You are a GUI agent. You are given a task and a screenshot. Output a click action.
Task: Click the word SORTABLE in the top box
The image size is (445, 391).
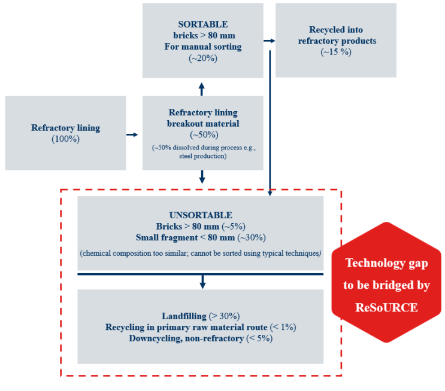(x=202, y=25)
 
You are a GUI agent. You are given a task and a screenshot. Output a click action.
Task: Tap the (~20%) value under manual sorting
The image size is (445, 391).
(x=202, y=58)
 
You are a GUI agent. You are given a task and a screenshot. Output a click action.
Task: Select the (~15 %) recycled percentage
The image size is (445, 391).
(x=335, y=52)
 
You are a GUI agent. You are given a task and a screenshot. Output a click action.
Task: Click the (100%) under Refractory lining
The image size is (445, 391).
(x=65, y=139)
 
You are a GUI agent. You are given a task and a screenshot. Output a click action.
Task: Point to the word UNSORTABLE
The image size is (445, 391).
(x=201, y=215)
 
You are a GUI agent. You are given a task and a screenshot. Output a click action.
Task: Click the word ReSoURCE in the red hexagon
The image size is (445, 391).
(x=386, y=308)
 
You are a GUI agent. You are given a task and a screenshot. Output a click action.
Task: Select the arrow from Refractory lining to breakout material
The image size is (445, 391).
(x=132, y=135)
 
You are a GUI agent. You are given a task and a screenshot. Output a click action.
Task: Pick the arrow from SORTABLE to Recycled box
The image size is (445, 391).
(x=270, y=41)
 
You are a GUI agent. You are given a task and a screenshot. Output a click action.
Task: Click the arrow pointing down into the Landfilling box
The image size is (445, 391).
(x=202, y=281)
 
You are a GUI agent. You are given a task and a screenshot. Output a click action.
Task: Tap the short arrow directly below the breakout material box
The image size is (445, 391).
(x=202, y=177)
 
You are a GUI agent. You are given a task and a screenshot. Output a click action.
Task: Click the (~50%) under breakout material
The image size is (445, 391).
(x=202, y=135)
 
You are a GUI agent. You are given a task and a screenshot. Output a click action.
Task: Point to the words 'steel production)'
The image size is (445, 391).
(x=202, y=156)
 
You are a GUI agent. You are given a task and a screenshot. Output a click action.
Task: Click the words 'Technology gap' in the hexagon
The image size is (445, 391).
(x=386, y=264)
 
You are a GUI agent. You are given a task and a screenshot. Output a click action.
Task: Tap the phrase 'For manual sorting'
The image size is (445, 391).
(x=202, y=47)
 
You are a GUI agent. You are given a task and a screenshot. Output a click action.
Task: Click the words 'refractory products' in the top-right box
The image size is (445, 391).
(x=335, y=41)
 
